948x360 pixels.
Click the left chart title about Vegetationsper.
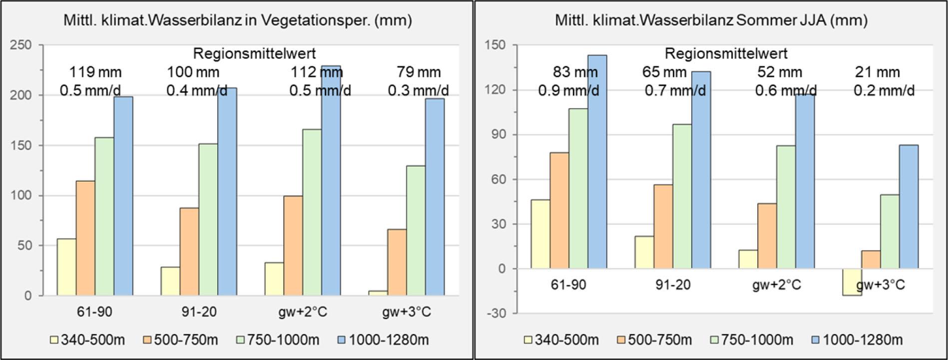click(237, 20)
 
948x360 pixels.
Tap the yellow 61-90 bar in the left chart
click(66, 267)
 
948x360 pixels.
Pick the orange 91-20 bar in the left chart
click(189, 252)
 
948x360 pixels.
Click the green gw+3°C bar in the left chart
click(416, 230)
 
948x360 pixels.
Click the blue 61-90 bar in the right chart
click(597, 162)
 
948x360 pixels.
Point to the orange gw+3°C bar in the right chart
click(871, 260)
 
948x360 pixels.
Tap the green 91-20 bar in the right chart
click(682, 196)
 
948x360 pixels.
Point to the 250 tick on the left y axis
click(20, 45)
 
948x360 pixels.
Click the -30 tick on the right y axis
click(496, 314)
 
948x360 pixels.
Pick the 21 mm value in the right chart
click(877, 72)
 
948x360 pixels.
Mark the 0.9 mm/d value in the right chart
click(568, 91)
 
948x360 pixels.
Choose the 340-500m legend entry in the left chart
click(87, 340)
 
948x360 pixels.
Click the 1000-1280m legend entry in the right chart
click(857, 340)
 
